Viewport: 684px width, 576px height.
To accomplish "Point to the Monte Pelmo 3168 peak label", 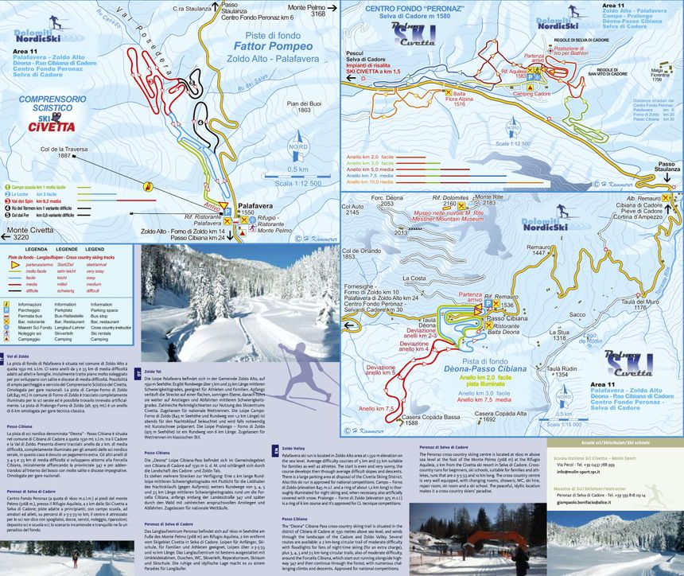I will [x=307, y=10].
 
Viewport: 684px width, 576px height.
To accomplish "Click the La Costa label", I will [x=413, y=278].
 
